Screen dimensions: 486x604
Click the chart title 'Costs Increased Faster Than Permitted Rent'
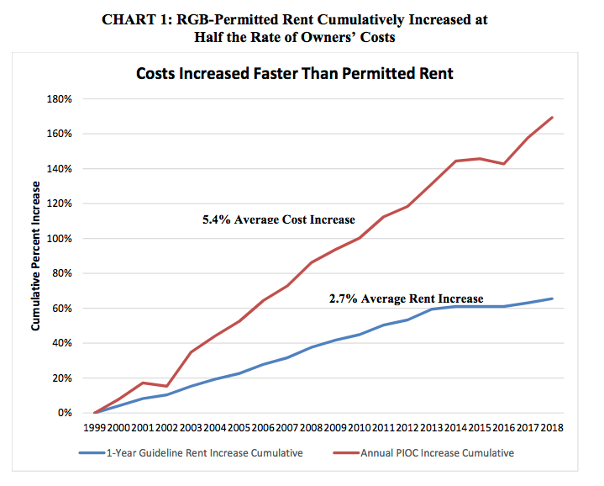294,74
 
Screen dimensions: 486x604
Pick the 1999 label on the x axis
95,428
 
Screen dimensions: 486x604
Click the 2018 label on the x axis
552,428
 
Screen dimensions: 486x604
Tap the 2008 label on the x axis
312,428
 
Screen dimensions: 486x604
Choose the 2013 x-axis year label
432,428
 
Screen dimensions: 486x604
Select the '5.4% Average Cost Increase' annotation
279,219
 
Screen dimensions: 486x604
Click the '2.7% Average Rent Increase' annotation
406,298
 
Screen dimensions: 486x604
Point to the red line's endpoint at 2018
552,117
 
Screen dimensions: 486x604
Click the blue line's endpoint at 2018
552,298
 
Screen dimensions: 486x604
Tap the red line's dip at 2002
167,386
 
